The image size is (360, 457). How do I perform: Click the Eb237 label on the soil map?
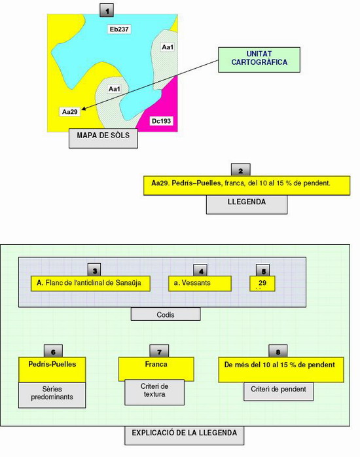tap(119, 29)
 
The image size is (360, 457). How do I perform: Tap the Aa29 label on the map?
tap(69, 111)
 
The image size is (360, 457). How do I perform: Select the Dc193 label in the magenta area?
tap(162, 121)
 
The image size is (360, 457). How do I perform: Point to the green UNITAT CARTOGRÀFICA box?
tap(259, 60)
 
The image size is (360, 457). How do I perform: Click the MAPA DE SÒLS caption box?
tap(103, 138)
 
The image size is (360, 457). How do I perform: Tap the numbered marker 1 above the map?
tap(107, 10)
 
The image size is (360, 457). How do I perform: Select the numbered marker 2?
tap(241, 170)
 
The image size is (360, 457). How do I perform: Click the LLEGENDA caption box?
tap(247, 204)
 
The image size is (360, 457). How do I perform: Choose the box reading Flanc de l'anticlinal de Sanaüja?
tap(90, 283)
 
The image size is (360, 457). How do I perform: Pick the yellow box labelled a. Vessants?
tap(200, 283)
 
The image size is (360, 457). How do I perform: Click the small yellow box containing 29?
tap(262, 283)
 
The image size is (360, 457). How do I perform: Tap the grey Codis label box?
tap(166, 314)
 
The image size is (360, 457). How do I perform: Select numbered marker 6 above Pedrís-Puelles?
tap(53, 351)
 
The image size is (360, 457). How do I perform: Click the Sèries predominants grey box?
tap(52, 395)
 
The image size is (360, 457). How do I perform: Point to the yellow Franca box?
tap(156, 369)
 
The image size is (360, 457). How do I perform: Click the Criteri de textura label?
tap(154, 390)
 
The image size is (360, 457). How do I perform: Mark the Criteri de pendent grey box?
tap(278, 391)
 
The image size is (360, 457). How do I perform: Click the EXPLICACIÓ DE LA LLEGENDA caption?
tap(185, 435)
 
